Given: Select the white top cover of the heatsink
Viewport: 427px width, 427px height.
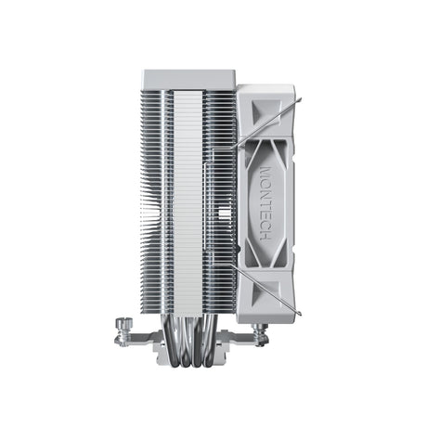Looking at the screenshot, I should tap(189, 78).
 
